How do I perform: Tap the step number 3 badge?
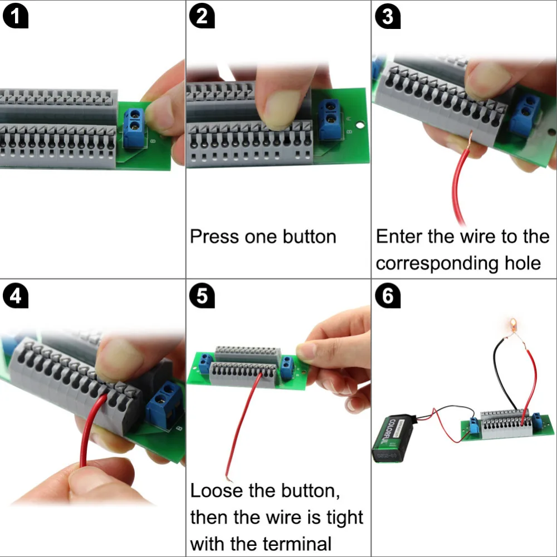(x=388, y=17)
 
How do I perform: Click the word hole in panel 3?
(x=520, y=263)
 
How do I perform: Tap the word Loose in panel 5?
(x=216, y=491)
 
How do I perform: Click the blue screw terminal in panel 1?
(x=134, y=128)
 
